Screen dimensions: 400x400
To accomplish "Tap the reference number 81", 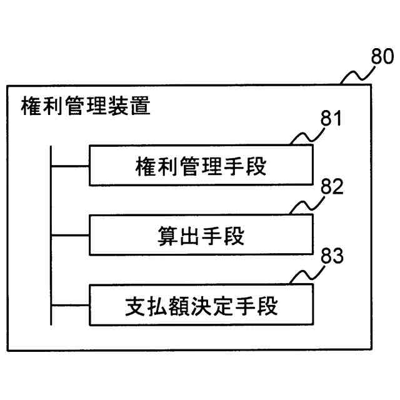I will (x=331, y=119).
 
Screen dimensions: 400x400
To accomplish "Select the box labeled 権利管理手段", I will (x=200, y=166).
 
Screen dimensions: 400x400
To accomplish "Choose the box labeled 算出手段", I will (x=200, y=236).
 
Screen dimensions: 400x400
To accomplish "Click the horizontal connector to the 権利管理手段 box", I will (x=70, y=166).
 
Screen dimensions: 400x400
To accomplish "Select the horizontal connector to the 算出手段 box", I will (x=70, y=236).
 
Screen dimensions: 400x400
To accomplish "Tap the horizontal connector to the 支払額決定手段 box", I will (x=70, y=306).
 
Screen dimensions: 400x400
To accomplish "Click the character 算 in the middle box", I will (x=165, y=236).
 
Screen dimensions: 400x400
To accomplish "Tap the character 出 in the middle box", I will (x=188, y=236).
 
